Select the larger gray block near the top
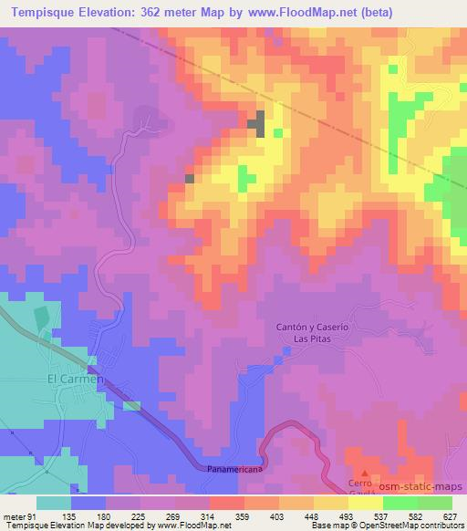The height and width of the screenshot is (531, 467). [261, 123]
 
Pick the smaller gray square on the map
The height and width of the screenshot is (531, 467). [190, 179]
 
